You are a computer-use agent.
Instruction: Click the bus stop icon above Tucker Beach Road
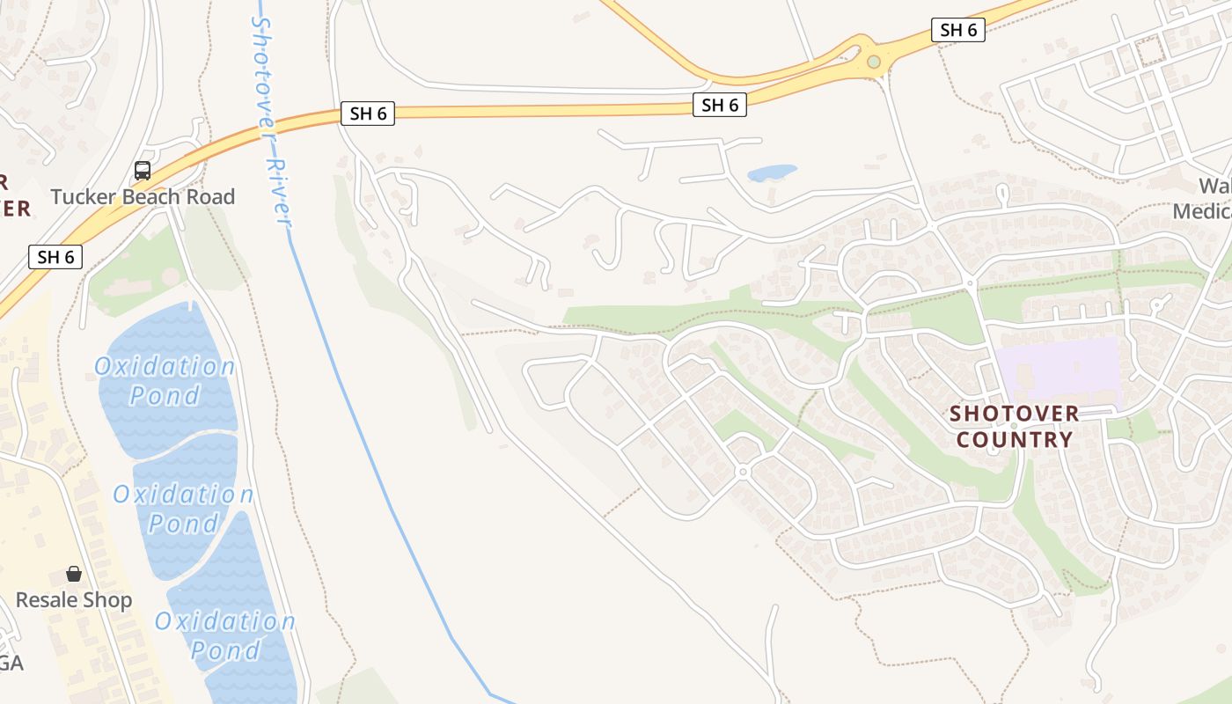pyautogui.click(x=143, y=171)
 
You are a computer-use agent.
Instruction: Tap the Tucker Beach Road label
pyautogui.click(x=143, y=196)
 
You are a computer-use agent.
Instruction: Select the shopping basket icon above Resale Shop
pyautogui.click(x=74, y=575)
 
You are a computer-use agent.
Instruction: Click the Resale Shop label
pyautogui.click(x=74, y=600)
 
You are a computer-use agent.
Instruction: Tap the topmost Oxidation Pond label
pyautogui.click(x=165, y=380)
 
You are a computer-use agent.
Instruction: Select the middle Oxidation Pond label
pyautogui.click(x=183, y=509)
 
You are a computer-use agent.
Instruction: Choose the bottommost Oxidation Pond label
pyautogui.click(x=225, y=635)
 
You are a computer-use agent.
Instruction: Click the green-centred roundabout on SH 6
pyautogui.click(x=873, y=62)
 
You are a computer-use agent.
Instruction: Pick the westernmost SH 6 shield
pyautogui.click(x=55, y=257)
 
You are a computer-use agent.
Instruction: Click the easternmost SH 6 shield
pyautogui.click(x=958, y=30)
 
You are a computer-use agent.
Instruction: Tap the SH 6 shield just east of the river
pyautogui.click(x=368, y=114)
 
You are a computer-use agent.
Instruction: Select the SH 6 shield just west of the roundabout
pyautogui.click(x=720, y=105)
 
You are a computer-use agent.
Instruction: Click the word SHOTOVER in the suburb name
pyautogui.click(x=1015, y=414)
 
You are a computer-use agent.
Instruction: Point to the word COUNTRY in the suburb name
pyautogui.click(x=1015, y=439)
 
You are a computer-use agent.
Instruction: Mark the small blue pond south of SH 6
pyautogui.click(x=772, y=172)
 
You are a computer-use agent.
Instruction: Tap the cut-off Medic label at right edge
pyautogui.click(x=1204, y=211)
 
